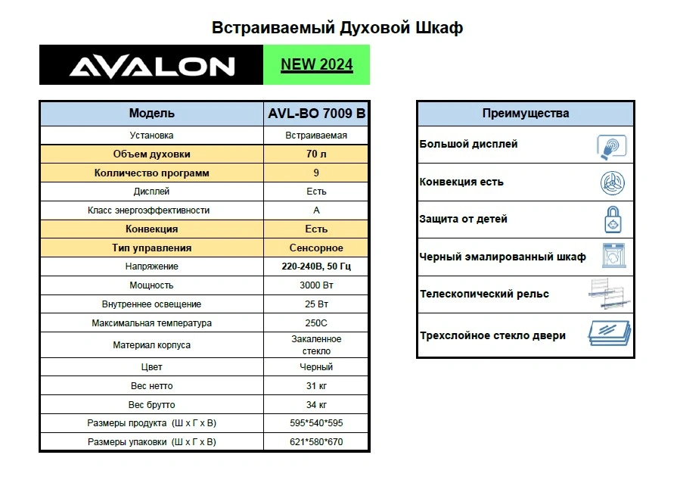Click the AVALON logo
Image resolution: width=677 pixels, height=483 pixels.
151,66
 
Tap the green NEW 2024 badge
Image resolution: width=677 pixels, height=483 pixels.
316,64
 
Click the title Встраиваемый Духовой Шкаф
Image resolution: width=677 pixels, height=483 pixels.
337,28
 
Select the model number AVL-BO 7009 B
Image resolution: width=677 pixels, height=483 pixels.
316,114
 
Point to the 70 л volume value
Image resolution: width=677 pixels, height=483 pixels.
316,154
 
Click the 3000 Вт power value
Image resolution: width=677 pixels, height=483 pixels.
316,285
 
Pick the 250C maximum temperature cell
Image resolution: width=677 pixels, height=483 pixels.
316,323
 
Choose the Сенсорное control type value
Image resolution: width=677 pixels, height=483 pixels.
316,248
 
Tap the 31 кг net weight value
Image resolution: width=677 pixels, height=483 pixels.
316,386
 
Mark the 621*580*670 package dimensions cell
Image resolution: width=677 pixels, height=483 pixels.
316,442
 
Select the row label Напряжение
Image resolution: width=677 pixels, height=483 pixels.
151,267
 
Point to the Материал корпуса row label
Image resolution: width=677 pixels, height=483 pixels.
151,345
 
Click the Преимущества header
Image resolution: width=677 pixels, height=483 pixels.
525,114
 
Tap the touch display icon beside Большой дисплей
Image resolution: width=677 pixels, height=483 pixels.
611,145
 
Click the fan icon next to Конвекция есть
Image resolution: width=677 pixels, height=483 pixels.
611,182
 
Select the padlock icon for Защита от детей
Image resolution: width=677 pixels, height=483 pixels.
611,220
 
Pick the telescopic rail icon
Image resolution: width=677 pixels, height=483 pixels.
610,294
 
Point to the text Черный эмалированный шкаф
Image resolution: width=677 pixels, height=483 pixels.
502,257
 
